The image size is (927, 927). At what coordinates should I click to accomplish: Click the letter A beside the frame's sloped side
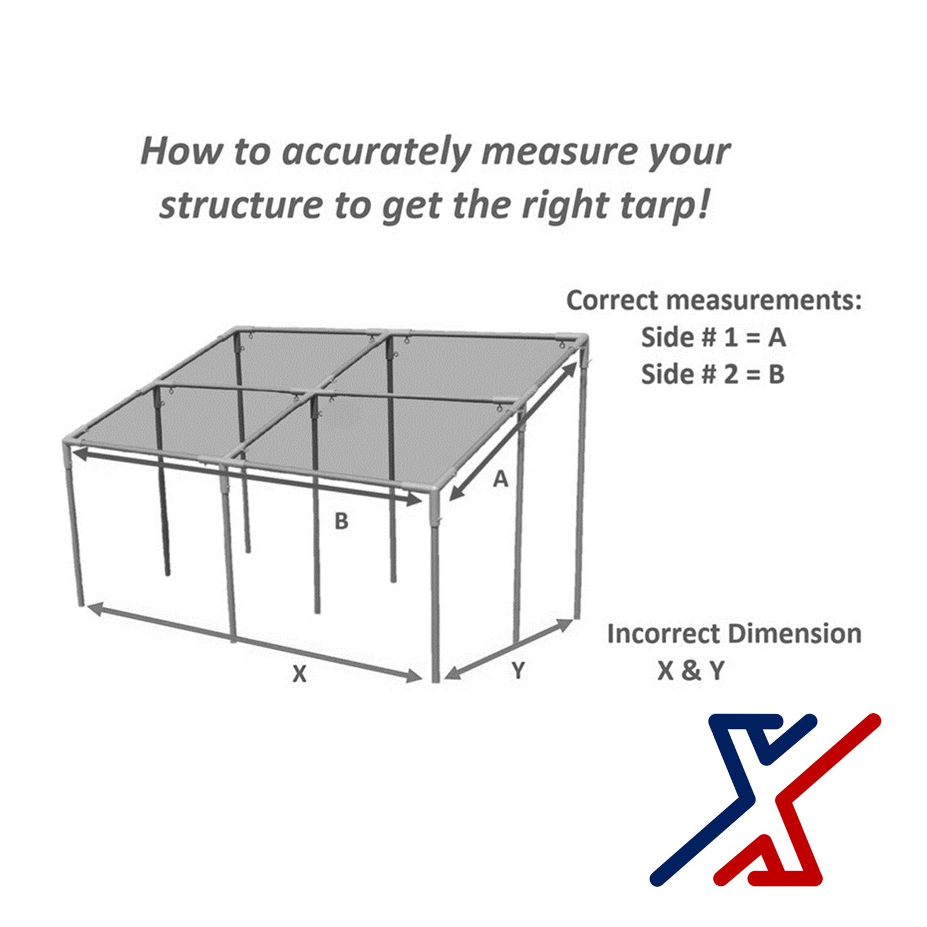501,479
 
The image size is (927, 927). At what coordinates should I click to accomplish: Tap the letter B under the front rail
342,521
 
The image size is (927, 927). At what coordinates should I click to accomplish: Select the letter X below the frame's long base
299,674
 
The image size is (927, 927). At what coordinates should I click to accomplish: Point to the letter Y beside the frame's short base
519,670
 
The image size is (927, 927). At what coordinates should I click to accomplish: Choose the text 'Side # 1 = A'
713,337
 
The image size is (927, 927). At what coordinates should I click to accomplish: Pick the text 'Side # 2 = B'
713,374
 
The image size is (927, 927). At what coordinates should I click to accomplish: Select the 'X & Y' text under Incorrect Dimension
691,670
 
